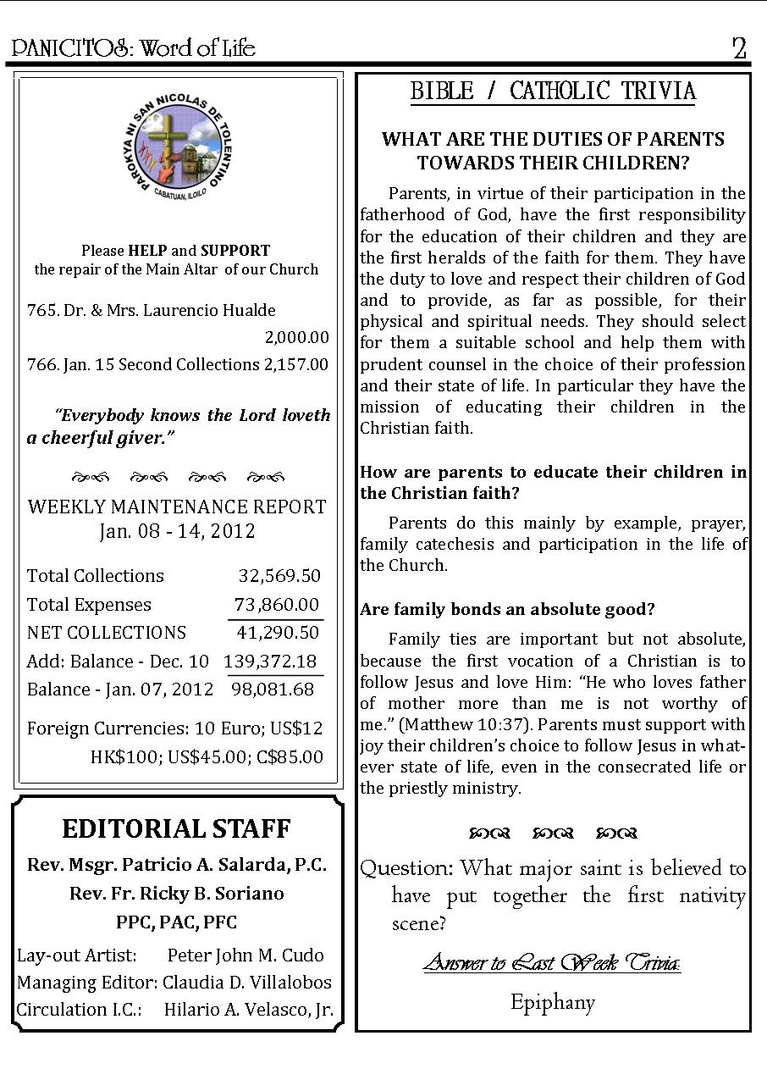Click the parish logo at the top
click(177, 152)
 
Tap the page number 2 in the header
click(739, 48)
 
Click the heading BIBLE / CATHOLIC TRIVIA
click(553, 91)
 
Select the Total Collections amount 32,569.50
click(279, 576)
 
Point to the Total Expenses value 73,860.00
click(277, 605)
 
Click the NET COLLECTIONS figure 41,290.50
click(278, 633)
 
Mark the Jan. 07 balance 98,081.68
click(273, 690)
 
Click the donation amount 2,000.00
click(296, 338)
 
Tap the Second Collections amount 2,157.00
click(295, 365)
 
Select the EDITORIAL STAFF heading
click(176, 828)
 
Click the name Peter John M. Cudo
click(246, 955)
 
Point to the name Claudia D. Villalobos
click(247, 983)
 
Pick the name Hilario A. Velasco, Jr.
click(248, 1011)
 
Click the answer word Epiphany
click(553, 1003)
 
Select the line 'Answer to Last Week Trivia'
click(552, 963)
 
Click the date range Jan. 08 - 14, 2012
click(177, 532)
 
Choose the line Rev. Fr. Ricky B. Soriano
click(177, 894)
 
